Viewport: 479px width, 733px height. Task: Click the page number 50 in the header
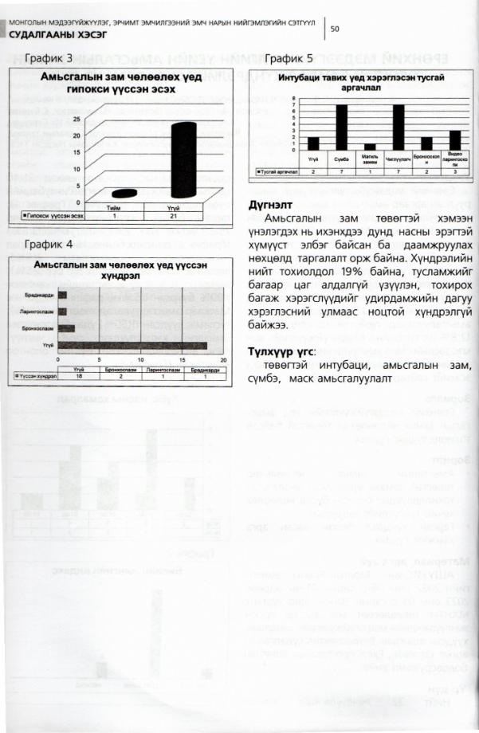tap(335, 29)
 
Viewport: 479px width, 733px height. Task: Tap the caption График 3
tap(46, 60)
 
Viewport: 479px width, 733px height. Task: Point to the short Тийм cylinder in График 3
tap(124, 194)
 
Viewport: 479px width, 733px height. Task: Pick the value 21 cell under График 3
tap(183, 216)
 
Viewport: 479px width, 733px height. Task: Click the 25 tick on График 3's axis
tap(77, 119)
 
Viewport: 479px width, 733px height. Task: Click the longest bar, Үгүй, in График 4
tap(136, 344)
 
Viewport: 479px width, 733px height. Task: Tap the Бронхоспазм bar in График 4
tap(67, 327)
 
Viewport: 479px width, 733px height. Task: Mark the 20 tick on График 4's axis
tap(222, 359)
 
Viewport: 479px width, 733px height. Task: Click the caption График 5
tap(289, 60)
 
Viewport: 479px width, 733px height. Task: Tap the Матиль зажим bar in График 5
tap(369, 147)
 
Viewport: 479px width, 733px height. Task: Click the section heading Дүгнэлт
tap(272, 205)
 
